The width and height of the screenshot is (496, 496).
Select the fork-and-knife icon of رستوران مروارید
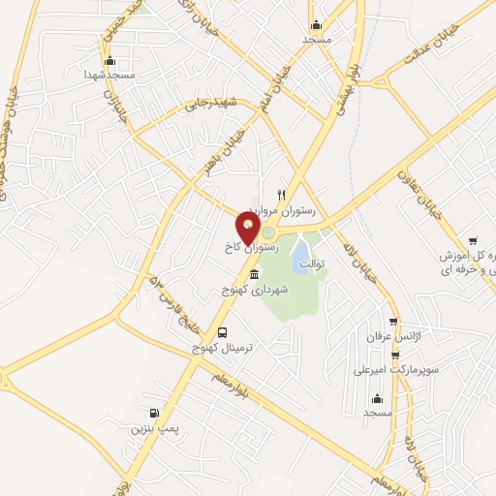pos(282,194)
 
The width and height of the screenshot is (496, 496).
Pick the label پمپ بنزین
pos(156,426)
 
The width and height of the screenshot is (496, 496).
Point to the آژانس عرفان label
pos(383,336)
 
